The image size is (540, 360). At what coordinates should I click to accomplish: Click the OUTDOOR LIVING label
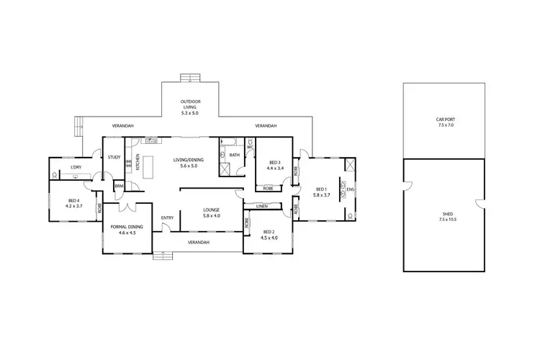coord(189,104)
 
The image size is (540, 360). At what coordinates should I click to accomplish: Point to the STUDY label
coord(114,157)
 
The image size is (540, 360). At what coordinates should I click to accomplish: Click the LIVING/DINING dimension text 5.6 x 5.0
coord(189,166)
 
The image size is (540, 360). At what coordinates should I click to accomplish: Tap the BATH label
coord(235,155)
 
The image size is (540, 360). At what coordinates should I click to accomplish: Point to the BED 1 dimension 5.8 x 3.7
coord(321,194)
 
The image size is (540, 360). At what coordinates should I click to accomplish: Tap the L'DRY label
coord(75,168)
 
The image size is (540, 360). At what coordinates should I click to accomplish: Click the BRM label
coord(119,186)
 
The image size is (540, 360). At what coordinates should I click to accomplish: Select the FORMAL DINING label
coord(127,227)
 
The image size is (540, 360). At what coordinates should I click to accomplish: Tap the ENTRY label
coord(167,217)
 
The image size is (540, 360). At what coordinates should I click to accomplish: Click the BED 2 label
coord(268,231)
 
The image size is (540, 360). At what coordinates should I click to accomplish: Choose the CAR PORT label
coord(445,120)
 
